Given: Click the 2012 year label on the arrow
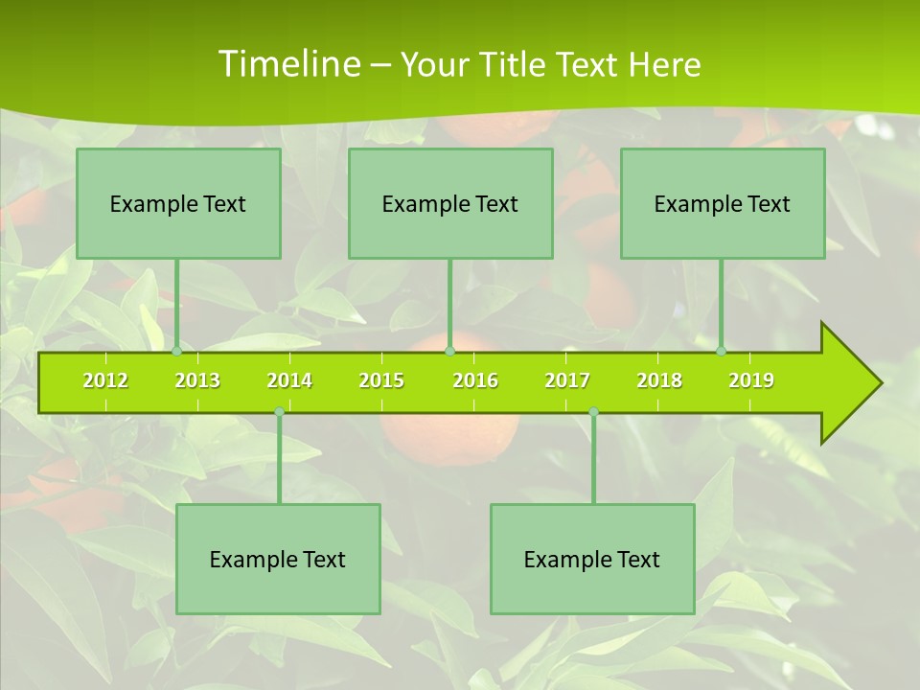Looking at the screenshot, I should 105,380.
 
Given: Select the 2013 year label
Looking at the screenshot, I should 197,380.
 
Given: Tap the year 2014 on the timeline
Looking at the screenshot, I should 289,380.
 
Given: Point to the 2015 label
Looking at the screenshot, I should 381,380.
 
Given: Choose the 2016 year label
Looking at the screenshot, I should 475,380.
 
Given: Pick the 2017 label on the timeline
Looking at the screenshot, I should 567,380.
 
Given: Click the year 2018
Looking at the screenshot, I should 659,380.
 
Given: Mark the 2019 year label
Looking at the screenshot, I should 751,380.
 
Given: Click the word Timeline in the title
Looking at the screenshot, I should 287,64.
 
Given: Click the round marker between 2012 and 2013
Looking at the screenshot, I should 177,352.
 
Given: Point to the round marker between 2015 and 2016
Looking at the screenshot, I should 449,352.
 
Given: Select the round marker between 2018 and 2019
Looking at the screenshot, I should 722,352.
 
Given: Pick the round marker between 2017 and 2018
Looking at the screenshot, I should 593,412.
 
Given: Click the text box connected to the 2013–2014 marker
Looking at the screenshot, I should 278,559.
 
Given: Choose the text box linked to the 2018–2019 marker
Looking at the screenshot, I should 723,203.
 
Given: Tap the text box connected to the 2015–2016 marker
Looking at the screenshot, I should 450,203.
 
